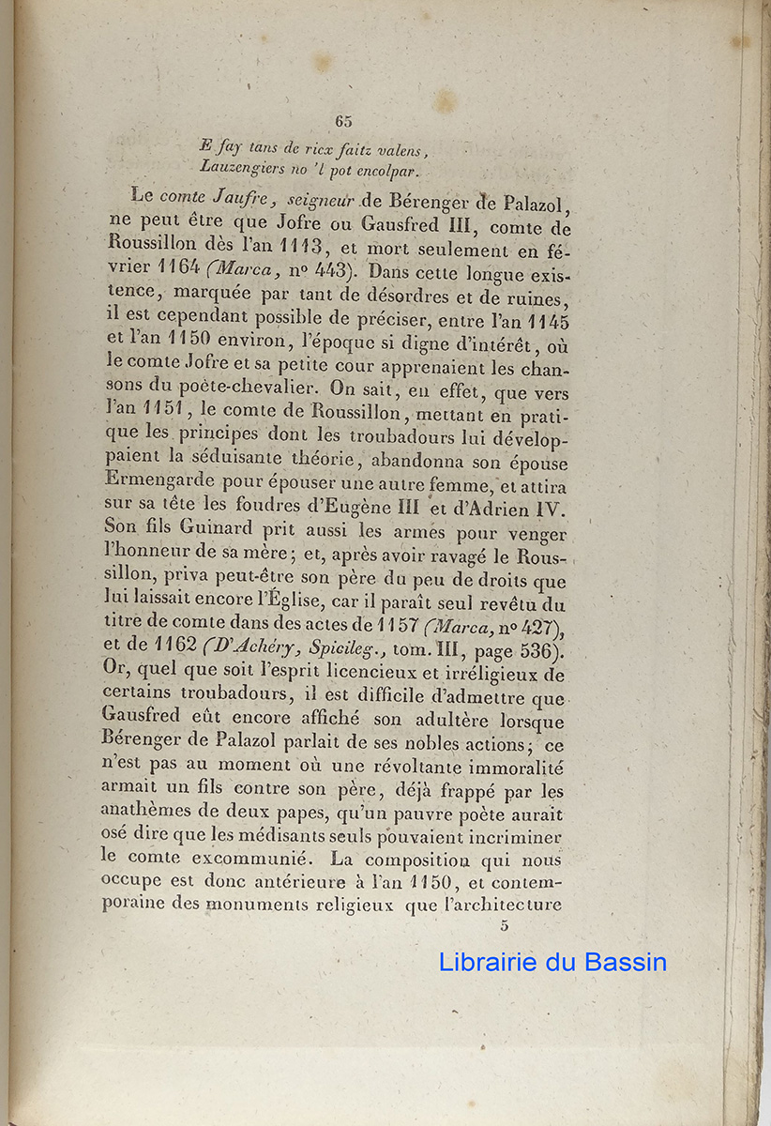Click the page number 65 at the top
click(342, 120)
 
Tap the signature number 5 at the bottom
click(505, 925)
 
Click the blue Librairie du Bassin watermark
click(552, 962)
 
